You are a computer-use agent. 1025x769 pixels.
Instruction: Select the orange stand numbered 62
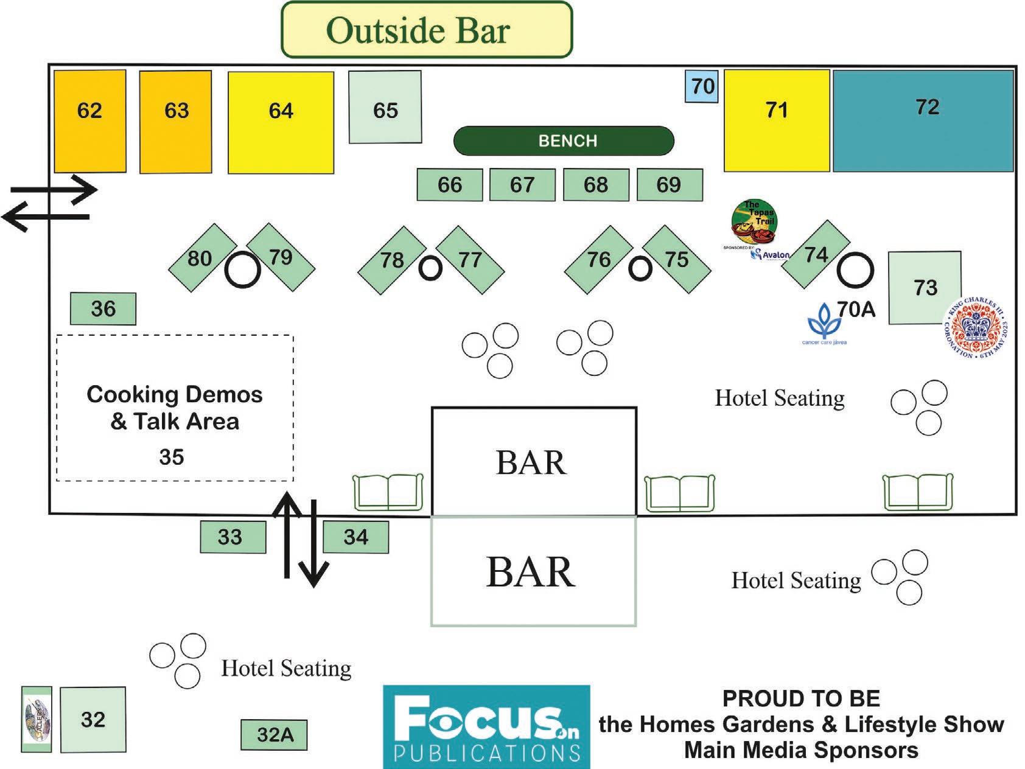tap(90, 121)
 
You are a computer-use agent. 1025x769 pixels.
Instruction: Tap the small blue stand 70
tap(702, 86)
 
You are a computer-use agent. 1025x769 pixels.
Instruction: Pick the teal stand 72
tap(923, 120)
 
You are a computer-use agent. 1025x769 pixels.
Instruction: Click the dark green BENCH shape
tap(564, 141)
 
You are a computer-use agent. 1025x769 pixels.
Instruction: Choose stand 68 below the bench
tap(595, 185)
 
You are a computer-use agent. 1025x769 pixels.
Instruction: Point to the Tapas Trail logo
tap(755, 222)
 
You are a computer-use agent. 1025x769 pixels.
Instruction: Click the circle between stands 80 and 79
tap(243, 270)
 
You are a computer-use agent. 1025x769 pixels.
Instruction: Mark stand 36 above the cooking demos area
tap(103, 308)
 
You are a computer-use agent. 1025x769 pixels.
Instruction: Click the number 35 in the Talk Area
tap(172, 457)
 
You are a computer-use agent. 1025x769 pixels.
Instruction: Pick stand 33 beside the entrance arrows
tap(233, 537)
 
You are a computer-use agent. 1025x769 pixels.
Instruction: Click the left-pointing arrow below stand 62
tap(46, 217)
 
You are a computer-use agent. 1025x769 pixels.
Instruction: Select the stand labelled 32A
tap(274, 735)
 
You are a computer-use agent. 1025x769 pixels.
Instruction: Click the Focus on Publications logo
tap(486, 726)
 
